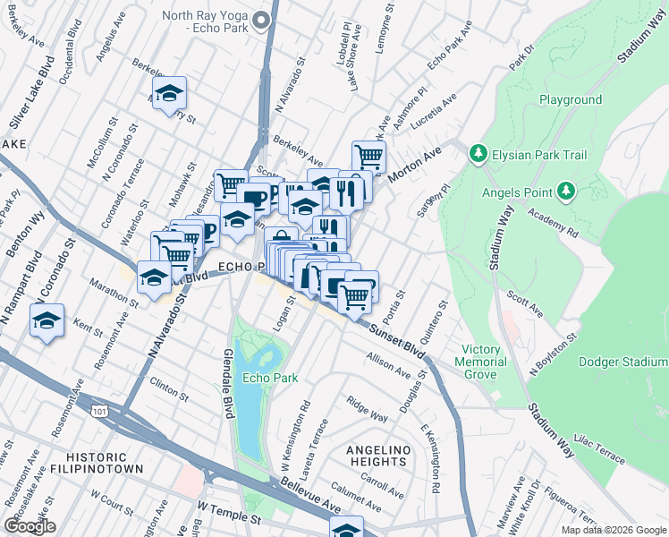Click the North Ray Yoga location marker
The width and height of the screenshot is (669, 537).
[262, 21]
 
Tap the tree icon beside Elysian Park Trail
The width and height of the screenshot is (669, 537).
[478, 155]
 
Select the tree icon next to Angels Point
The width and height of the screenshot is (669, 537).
[565, 190]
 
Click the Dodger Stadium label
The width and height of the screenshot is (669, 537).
[622, 362]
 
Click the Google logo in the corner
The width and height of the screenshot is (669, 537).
[30, 525]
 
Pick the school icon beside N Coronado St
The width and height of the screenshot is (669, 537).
[46, 320]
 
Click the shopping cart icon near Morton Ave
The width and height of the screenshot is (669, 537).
[368, 157]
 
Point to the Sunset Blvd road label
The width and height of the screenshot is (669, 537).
[394, 337]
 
